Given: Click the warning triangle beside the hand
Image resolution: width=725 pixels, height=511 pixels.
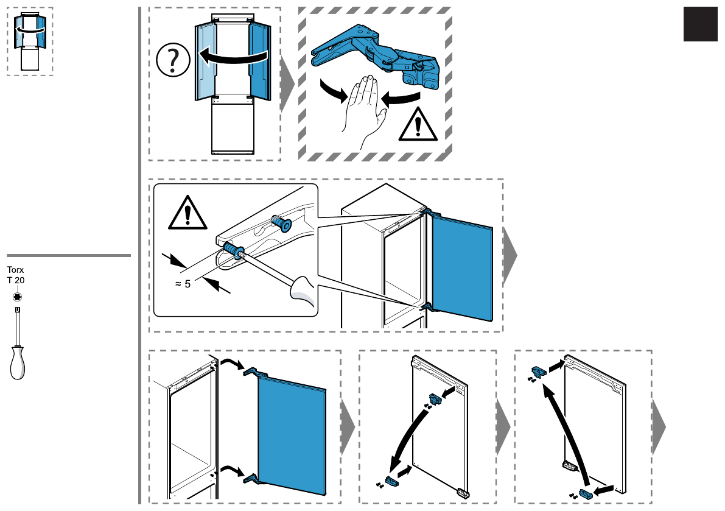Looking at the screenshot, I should click(x=418, y=125).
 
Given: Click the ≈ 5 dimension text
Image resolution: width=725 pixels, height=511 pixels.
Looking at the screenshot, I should click(x=183, y=283).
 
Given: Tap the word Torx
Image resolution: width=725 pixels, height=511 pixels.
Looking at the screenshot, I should click(x=15, y=269).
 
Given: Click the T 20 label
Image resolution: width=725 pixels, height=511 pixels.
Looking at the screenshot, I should click(x=15, y=280).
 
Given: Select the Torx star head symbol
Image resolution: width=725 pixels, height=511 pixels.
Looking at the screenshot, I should click(x=17, y=297).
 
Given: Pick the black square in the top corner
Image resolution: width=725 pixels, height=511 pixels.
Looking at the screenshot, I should click(x=700, y=25).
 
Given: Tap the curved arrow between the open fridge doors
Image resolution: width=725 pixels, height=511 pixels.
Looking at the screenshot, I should click(x=234, y=57).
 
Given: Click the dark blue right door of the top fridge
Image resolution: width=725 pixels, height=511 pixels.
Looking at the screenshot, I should click(x=259, y=61).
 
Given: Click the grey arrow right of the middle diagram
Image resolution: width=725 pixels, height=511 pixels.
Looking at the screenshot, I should click(x=510, y=256).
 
